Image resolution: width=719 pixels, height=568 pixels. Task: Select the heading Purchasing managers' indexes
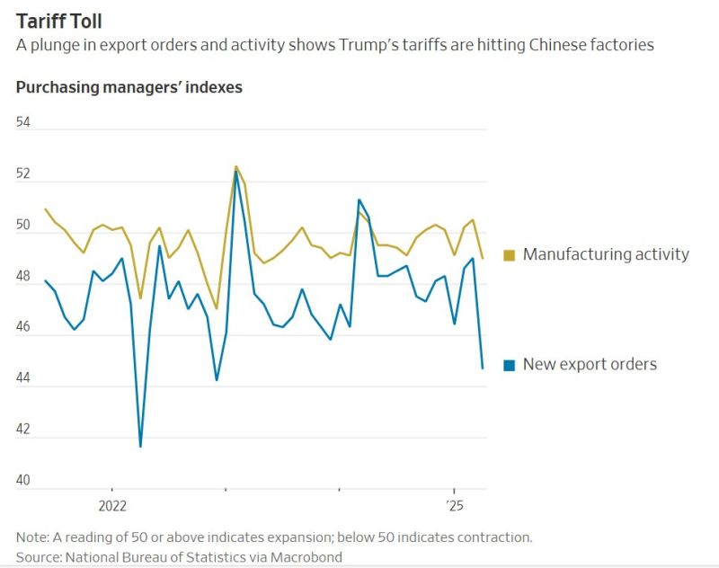coord(129,87)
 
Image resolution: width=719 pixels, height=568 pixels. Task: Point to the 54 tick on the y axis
coord(23,122)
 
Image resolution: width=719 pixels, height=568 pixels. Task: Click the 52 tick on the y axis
coord(23,173)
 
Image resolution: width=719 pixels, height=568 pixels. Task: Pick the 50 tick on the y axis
coord(23,225)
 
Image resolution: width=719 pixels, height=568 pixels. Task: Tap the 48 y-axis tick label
coord(23,276)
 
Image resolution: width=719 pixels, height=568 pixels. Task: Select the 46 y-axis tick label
coord(23,327)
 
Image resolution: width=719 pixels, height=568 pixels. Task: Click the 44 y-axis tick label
coord(23,378)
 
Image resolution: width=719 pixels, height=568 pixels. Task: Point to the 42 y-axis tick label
coord(23,430)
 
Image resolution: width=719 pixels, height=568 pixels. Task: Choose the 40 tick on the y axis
coord(23,481)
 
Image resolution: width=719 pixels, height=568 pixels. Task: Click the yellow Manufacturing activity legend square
coord(510,255)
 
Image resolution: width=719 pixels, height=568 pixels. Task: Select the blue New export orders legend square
coord(510,365)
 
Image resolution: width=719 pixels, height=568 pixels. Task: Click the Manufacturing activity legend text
coord(606,254)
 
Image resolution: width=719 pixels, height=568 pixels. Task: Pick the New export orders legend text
coord(590,364)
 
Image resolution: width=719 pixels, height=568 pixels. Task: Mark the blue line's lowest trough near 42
coord(140,446)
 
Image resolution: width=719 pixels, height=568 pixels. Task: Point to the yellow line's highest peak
coord(235,166)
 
